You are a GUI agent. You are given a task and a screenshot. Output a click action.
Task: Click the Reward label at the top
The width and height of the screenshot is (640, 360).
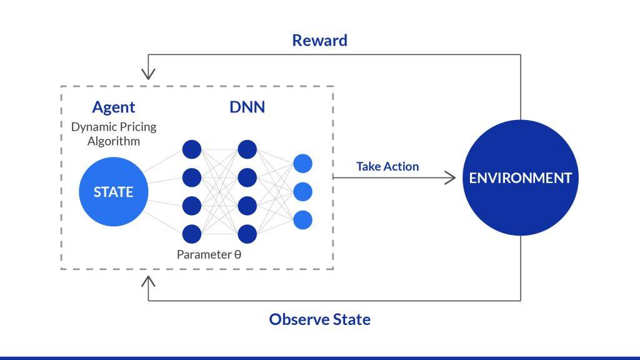click(x=319, y=41)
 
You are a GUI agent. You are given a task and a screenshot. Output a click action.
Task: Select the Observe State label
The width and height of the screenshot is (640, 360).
click(x=319, y=319)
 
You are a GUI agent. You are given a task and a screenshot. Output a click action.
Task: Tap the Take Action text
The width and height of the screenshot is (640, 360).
click(x=387, y=166)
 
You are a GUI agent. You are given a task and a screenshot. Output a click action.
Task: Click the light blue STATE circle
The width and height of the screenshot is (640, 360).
click(x=114, y=192)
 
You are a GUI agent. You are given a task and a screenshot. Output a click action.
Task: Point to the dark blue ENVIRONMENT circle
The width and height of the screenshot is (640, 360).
click(x=520, y=177)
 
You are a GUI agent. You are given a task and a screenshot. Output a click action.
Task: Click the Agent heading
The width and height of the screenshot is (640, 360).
click(x=114, y=107)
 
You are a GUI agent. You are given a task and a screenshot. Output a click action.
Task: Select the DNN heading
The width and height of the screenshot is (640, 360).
click(x=247, y=107)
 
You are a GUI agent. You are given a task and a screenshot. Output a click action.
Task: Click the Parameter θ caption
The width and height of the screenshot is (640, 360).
click(x=209, y=254)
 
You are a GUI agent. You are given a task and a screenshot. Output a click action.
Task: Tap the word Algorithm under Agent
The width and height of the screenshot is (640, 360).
click(x=114, y=141)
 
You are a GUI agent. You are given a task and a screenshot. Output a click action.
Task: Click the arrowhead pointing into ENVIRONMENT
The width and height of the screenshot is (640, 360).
click(x=451, y=177)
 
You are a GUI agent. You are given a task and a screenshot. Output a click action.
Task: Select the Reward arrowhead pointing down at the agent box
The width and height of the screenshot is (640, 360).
click(x=148, y=74)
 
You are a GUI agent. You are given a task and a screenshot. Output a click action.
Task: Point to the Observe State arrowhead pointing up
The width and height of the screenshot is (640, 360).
click(x=148, y=282)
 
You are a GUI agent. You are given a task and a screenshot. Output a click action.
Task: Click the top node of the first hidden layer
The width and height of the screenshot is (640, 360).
click(x=191, y=149)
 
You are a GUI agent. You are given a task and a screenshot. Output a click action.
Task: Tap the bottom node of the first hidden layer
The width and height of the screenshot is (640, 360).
click(x=191, y=234)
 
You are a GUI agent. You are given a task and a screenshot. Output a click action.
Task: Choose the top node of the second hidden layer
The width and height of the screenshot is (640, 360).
click(x=247, y=149)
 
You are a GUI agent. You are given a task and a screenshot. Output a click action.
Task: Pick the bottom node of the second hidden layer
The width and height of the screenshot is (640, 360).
click(x=247, y=234)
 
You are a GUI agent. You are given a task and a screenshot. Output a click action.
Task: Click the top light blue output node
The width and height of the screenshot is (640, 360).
click(x=302, y=163)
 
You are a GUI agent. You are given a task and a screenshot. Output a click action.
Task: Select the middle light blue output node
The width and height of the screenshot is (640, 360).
click(x=302, y=191)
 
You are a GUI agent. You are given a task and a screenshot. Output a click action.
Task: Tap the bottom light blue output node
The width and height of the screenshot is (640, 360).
click(x=302, y=219)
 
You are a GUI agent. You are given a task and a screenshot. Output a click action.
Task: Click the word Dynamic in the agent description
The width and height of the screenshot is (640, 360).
click(x=91, y=127)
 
